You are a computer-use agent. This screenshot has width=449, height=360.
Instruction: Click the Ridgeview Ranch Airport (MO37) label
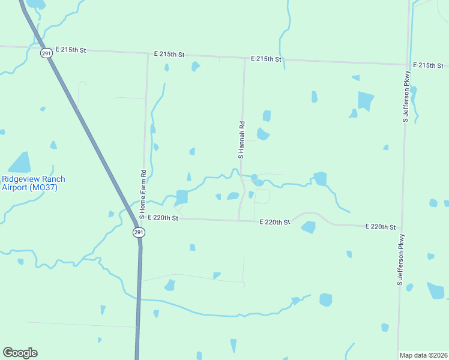[x=33, y=183]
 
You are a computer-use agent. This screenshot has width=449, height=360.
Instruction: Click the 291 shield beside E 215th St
[x=47, y=53]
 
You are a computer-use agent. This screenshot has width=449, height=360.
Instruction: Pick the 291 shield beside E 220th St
[x=139, y=232]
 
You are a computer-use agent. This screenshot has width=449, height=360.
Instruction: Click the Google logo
[x=20, y=353]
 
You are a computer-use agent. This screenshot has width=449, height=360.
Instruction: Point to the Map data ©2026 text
[x=424, y=355]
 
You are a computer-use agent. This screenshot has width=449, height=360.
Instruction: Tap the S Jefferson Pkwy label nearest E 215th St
[x=406, y=103]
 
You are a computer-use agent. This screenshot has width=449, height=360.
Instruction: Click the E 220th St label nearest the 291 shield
[x=163, y=218]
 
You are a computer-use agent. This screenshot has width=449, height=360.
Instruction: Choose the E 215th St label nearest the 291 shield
[x=71, y=49]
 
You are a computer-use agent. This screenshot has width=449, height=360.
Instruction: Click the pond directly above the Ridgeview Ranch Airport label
[x=20, y=162]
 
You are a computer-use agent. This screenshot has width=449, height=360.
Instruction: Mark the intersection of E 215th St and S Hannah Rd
[x=244, y=58]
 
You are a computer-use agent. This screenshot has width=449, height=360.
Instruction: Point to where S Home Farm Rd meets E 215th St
[x=148, y=53]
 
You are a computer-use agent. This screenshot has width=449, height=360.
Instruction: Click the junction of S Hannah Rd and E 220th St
[x=239, y=220]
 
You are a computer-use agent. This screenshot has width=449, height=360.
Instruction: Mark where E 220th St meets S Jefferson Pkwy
[x=400, y=227]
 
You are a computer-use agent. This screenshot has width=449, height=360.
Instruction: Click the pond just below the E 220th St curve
[x=309, y=227]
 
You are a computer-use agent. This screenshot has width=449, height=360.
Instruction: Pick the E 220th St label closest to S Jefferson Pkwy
[x=381, y=227]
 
